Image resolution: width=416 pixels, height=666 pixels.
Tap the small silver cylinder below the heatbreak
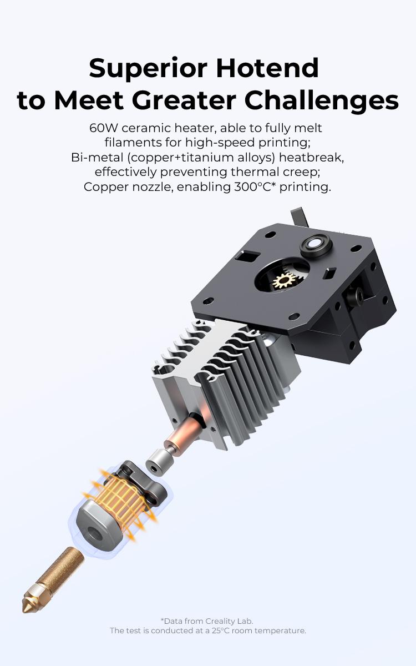(157, 461)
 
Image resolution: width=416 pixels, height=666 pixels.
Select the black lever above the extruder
(298, 216)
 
